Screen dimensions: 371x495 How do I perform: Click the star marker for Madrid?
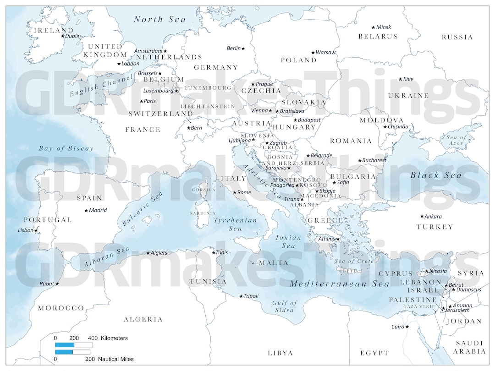(86, 210)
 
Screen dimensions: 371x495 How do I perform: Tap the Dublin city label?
(73, 36)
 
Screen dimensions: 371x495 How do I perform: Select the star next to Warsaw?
(313, 53)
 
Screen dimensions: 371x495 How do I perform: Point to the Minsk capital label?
(383, 27)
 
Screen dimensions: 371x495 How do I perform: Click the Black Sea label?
(436, 175)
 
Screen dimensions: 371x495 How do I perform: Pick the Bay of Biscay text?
(66, 148)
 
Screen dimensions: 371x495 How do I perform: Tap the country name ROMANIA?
(351, 141)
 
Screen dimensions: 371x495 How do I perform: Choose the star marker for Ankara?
(422, 216)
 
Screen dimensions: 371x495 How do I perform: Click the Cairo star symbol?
(407, 327)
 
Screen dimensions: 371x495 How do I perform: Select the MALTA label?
(274, 263)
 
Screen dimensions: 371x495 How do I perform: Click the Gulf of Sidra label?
(285, 306)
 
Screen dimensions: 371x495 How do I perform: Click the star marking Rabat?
(57, 284)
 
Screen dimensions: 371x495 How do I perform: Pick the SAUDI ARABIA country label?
(470, 347)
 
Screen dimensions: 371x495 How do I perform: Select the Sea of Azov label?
(456, 141)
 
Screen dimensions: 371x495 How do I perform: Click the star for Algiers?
(148, 253)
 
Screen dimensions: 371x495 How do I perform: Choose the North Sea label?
(160, 19)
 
